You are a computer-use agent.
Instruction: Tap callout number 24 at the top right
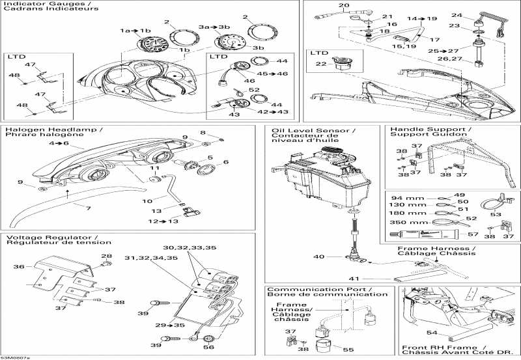[475, 15]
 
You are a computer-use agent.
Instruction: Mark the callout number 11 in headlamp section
[154, 169]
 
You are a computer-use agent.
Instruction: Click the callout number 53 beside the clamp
[496, 213]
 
